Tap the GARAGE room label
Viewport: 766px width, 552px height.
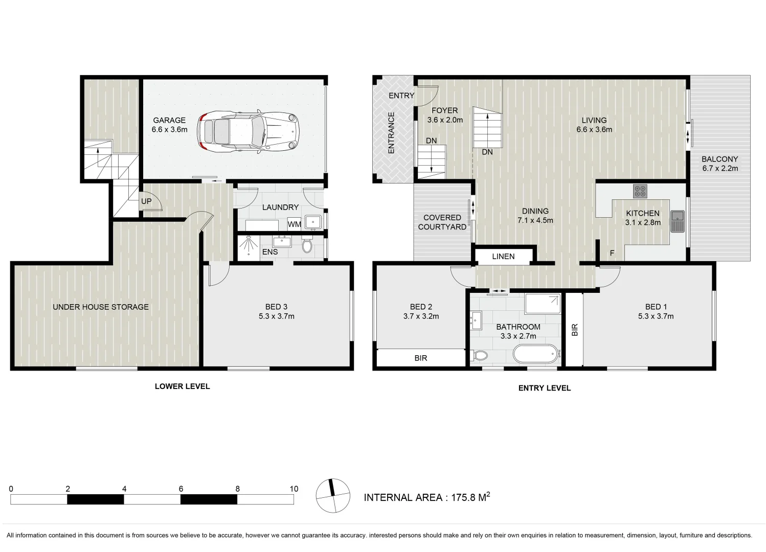(169, 121)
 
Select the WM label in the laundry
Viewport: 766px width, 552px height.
(294, 224)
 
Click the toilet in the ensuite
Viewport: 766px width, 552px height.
(307, 246)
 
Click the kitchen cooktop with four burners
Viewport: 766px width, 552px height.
(640, 191)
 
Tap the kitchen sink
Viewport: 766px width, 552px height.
(678, 221)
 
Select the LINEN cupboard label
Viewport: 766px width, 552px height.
(503, 257)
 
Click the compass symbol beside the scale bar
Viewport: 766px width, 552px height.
(333, 496)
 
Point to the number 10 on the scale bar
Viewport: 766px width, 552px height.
(294, 489)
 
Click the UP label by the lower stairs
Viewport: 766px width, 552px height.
(146, 201)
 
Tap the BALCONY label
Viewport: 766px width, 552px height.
(719, 159)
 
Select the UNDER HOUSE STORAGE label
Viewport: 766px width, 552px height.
(101, 307)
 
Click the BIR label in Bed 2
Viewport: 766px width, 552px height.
(420, 358)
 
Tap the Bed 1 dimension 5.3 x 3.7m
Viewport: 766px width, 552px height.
(656, 316)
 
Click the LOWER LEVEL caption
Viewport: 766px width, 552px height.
(182, 386)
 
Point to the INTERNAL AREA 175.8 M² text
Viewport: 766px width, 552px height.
(426, 497)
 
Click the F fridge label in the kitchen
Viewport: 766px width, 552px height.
(612, 253)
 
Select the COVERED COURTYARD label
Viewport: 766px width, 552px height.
(442, 222)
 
